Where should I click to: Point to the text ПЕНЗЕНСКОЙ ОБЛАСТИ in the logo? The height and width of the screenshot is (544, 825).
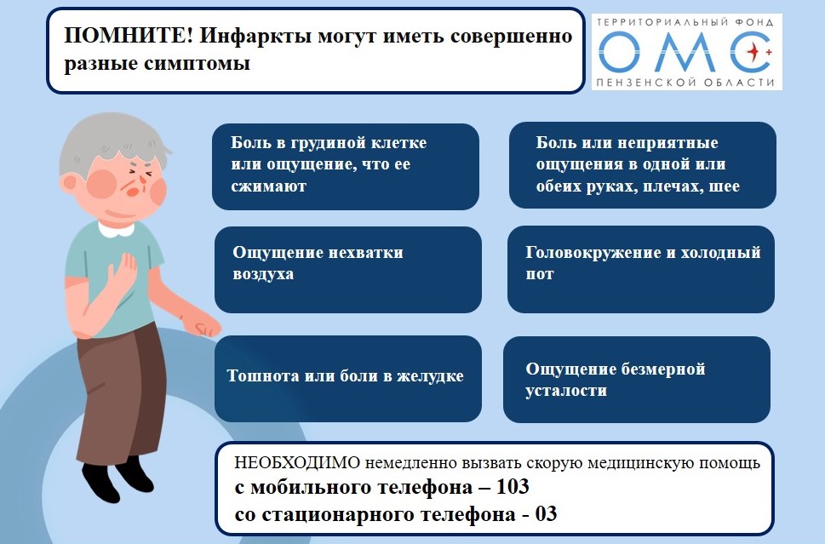coord(685,82)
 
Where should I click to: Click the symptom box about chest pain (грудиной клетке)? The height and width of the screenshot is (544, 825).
coord(346,166)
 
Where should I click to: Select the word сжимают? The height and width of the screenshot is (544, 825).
coord(268,186)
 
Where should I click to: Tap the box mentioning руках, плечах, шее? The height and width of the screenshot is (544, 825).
coord(643,165)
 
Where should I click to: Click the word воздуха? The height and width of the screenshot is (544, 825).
coord(263,275)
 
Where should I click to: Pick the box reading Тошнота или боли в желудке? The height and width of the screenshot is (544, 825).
coord(347,379)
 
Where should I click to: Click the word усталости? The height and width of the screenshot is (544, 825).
coord(566,391)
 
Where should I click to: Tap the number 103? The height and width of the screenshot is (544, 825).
coord(513,487)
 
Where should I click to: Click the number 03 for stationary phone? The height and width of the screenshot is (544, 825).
coord(546,514)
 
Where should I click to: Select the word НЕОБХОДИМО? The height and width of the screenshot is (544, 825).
coord(297,463)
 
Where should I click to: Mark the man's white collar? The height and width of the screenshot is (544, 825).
coord(117,229)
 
